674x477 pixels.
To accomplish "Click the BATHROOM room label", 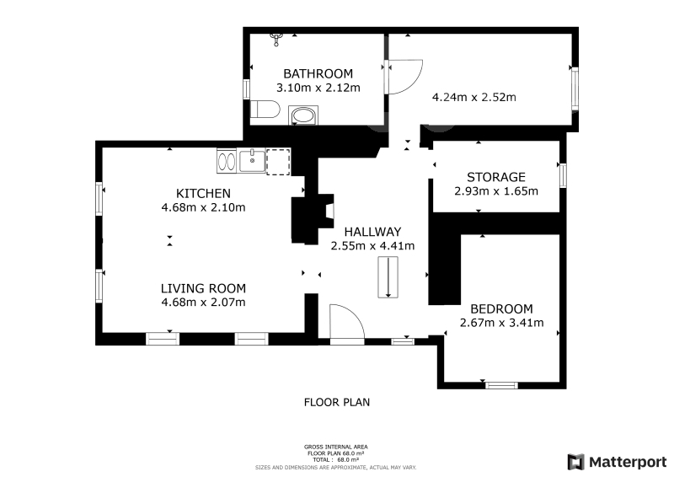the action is (x=318, y=73).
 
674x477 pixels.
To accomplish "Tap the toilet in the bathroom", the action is (x=265, y=110).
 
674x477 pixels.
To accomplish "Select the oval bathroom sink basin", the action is (x=303, y=115).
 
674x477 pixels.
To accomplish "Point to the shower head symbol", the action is (x=276, y=39).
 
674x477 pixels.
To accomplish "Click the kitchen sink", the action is (x=252, y=161).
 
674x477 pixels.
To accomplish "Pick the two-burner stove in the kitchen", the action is (x=227, y=161).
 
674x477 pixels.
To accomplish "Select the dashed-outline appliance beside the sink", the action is (x=278, y=162).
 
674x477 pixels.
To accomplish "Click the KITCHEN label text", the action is (x=203, y=193).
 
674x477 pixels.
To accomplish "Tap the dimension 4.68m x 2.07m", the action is (x=203, y=302).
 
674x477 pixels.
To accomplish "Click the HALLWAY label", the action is (x=372, y=232).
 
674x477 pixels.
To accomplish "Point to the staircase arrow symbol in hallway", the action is (x=388, y=277).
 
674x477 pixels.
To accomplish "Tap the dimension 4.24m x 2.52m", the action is (x=474, y=97).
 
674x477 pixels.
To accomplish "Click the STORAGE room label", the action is (x=496, y=177).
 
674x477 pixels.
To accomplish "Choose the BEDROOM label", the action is (x=501, y=308).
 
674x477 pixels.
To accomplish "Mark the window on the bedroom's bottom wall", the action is (x=501, y=385).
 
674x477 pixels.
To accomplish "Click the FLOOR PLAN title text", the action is (x=337, y=402).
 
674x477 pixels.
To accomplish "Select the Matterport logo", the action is (x=617, y=462).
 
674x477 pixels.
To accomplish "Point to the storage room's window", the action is (x=563, y=175).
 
